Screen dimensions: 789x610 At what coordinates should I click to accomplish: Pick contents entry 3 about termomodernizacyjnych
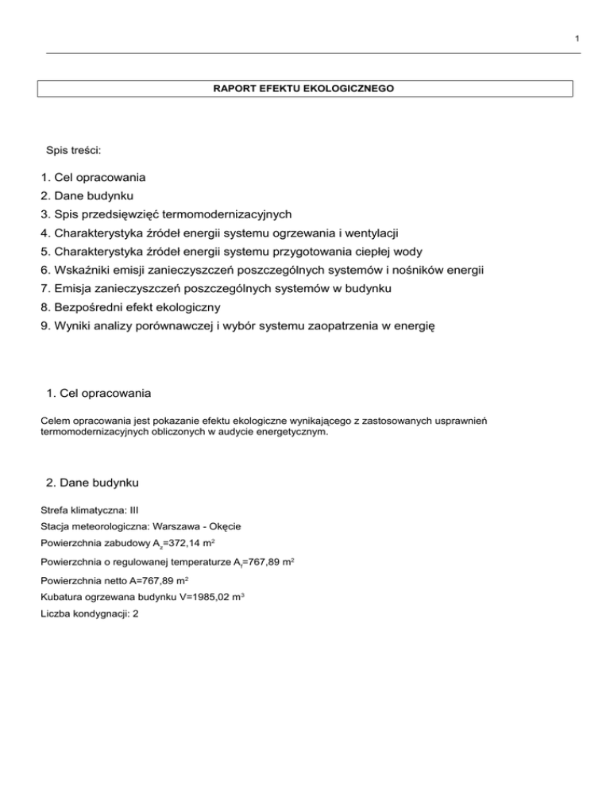pos(166,214)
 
